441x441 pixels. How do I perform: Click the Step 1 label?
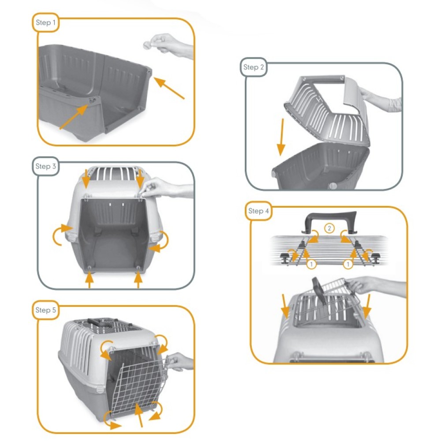tap(45, 22)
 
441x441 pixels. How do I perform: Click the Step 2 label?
tap(254, 67)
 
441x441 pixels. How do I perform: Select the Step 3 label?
tap(45, 166)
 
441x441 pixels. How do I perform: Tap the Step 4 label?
tap(258, 211)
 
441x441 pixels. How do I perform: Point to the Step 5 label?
tap(45, 310)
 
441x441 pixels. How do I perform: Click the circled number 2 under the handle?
tap(329, 228)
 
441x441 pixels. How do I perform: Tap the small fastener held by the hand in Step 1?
tap(148, 45)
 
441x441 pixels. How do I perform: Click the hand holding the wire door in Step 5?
tap(180, 362)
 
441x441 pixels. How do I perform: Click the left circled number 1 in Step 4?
tap(311, 264)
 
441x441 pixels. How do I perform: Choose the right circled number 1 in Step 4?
tap(348, 264)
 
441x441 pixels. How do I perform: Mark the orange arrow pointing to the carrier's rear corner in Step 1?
tap(169, 88)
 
